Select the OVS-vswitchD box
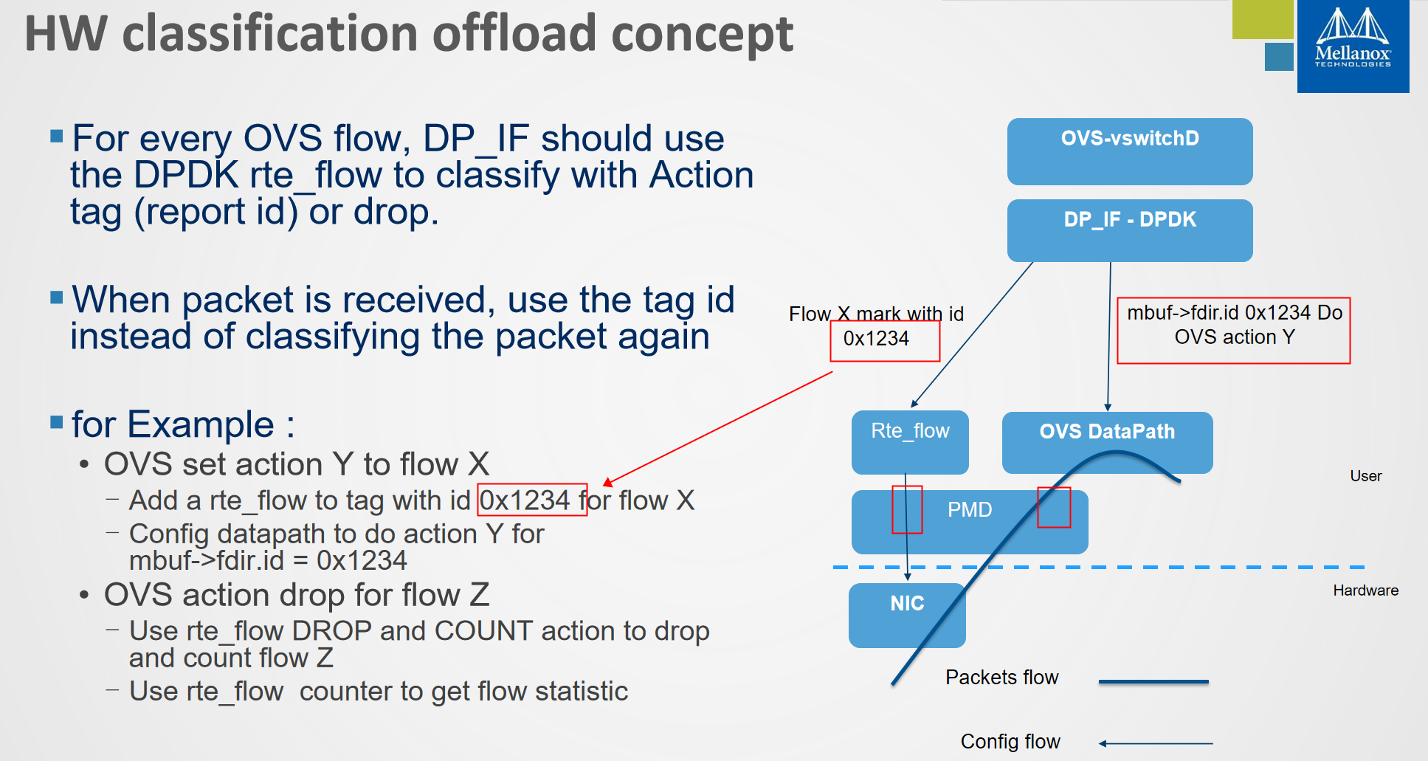tap(1129, 151)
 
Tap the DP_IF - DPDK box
tap(1129, 230)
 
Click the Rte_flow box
tap(909, 441)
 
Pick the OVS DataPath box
tap(1106, 441)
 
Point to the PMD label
tap(970, 510)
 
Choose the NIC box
tap(907, 614)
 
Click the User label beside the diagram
tap(1365, 476)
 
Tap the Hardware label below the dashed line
tap(1365, 590)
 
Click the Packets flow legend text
tap(1001, 678)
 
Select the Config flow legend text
tap(1010, 741)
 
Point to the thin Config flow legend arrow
tap(1156, 743)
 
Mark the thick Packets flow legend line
tap(1153, 682)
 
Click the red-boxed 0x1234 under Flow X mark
tap(876, 339)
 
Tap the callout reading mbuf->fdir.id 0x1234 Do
tap(1234, 313)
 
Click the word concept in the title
tap(702, 34)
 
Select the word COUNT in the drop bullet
tap(483, 631)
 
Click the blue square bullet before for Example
tap(57, 422)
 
